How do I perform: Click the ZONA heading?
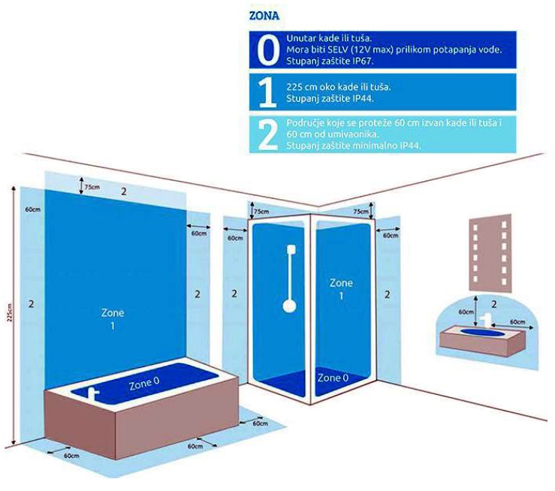[264, 16]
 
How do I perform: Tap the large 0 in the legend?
[268, 50]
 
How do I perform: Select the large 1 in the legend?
[267, 92]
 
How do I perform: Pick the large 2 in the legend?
[267, 135]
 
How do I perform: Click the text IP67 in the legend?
[363, 61]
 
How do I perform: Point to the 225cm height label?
[10, 312]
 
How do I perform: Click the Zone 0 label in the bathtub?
[144, 382]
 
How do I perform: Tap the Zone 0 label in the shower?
[333, 378]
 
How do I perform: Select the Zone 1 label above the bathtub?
[113, 319]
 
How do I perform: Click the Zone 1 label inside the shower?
[341, 288]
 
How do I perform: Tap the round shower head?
[290, 306]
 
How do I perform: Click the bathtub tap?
[93, 392]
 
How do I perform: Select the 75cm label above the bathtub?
[92, 187]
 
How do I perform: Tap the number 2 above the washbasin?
[494, 304]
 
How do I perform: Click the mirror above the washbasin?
[490, 252]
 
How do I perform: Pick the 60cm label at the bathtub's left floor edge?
[71, 456]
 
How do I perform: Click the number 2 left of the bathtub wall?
[31, 303]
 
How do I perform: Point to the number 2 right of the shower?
[388, 294]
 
